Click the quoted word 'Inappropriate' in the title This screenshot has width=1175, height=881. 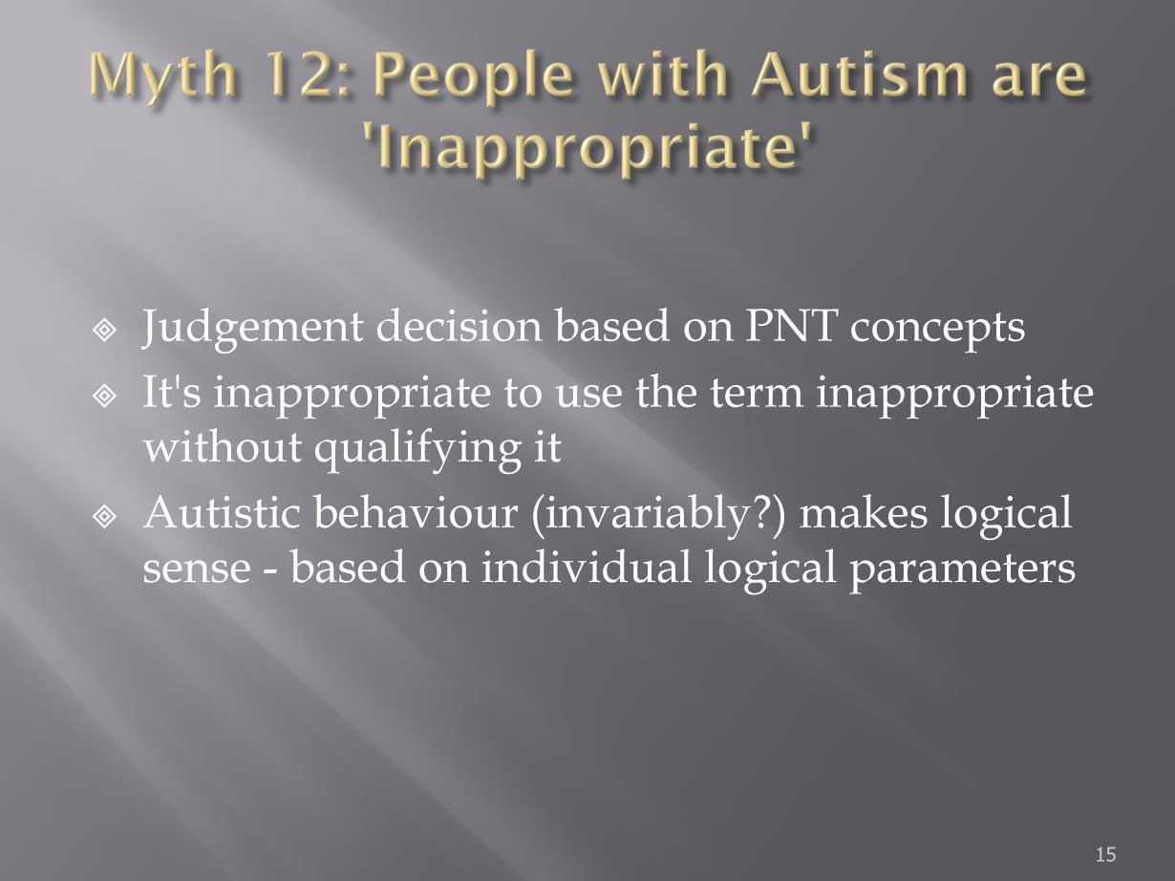pyautogui.click(x=587, y=146)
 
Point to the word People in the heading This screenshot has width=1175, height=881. pyautogui.click(x=473, y=79)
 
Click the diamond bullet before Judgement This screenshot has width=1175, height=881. pyautogui.click(x=104, y=331)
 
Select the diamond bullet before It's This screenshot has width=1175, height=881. pyautogui.click(x=104, y=397)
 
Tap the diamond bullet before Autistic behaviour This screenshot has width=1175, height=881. pyautogui.click(x=104, y=517)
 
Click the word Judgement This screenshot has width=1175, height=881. pyautogui.click(x=252, y=329)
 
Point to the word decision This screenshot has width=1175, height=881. pyautogui.click(x=459, y=325)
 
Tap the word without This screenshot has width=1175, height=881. pyautogui.click(x=223, y=445)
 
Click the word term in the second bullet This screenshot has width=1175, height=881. pyautogui.click(x=757, y=394)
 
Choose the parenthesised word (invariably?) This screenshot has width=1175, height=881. pyautogui.click(x=658, y=516)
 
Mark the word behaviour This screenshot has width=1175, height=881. pyautogui.click(x=416, y=511)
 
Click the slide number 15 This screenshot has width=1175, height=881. pyautogui.click(x=1105, y=854)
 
